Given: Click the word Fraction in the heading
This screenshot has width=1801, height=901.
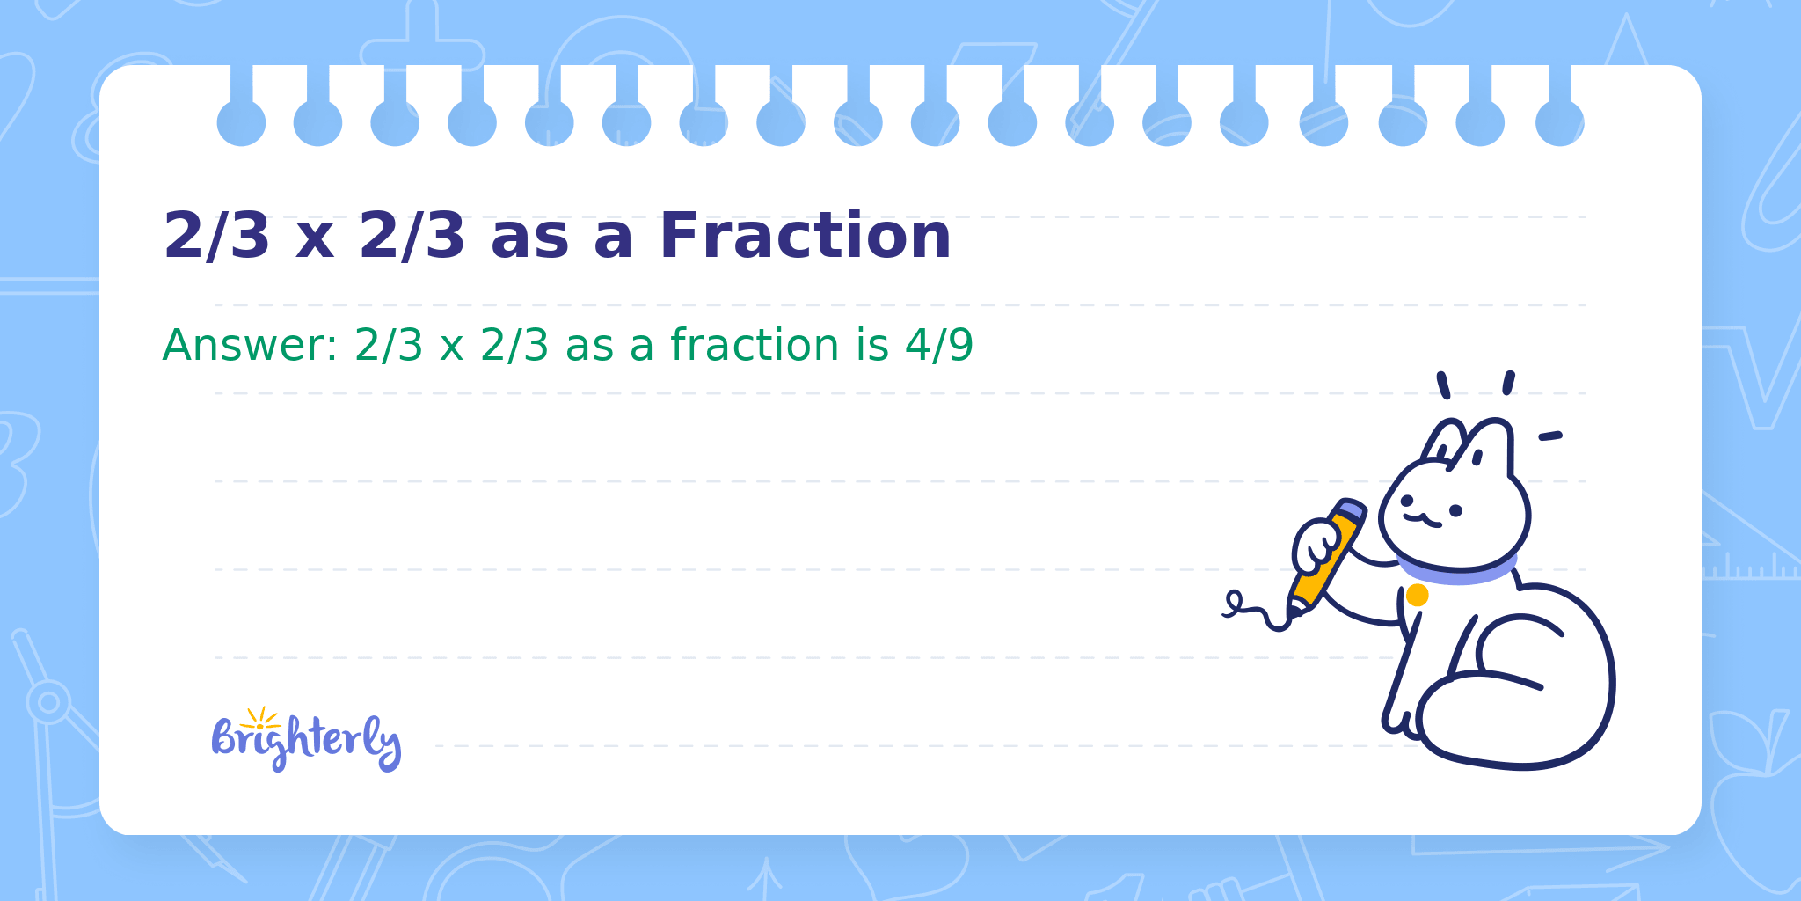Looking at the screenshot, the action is click(x=805, y=236).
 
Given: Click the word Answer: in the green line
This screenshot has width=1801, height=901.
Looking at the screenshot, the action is click(x=251, y=344).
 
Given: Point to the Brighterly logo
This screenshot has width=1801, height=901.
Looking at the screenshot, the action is click(x=306, y=740).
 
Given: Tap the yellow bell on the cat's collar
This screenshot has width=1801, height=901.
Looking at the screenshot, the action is click(x=1417, y=596).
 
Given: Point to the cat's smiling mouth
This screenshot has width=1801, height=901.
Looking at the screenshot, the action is click(x=1422, y=520).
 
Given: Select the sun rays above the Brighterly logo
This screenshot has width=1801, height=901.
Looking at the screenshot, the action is click(x=260, y=718).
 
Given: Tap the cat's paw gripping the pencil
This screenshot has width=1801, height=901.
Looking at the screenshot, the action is click(x=1316, y=546).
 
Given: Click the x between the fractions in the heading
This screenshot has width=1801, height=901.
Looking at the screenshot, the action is click(x=314, y=242).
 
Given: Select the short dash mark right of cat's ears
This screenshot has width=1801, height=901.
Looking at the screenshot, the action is click(x=1550, y=436).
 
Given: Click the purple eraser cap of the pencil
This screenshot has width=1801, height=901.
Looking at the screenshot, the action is click(x=1351, y=509).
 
